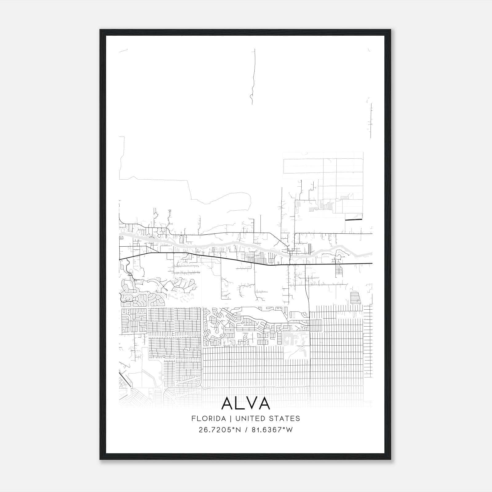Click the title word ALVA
point(245,403)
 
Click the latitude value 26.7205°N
point(219,430)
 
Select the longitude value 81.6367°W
point(272,430)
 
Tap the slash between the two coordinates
point(246,430)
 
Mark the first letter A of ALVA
point(227,403)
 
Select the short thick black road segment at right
point(354,220)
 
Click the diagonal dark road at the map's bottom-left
point(126,379)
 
